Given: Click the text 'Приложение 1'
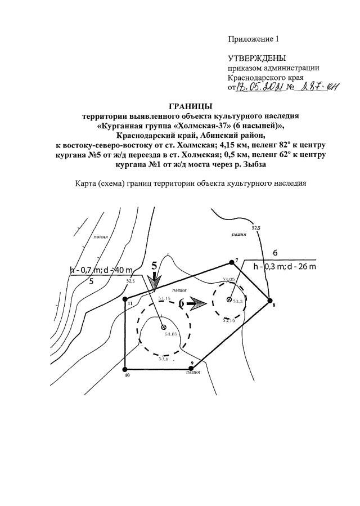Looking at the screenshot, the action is (253, 39).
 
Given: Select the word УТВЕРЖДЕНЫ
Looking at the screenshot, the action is (256, 58).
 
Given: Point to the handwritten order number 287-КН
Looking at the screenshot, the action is (319, 87).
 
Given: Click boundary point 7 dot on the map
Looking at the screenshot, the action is (231, 262).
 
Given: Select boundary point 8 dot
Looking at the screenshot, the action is (269, 299).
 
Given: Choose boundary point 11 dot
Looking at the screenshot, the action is (125, 299).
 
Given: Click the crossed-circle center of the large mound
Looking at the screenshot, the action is (163, 327).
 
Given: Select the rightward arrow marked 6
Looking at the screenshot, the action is (197, 303).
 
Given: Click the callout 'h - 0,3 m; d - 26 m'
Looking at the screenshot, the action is (285, 266).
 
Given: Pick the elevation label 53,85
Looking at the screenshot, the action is (171, 334).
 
